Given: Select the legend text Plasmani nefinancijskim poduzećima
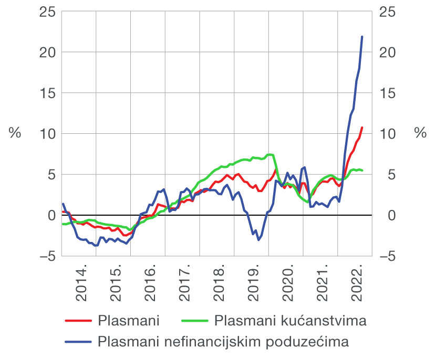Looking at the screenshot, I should pyautogui.click(x=223, y=342).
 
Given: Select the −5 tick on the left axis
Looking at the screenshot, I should pyautogui.click(x=46, y=256).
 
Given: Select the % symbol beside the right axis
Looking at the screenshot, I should pyautogui.click(x=420, y=133).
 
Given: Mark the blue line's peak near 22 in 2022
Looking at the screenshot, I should pyautogui.click(x=362, y=37).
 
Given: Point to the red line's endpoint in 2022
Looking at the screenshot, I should pyautogui.click(x=362, y=128).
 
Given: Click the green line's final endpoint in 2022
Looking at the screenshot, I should pyautogui.click(x=362, y=171).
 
